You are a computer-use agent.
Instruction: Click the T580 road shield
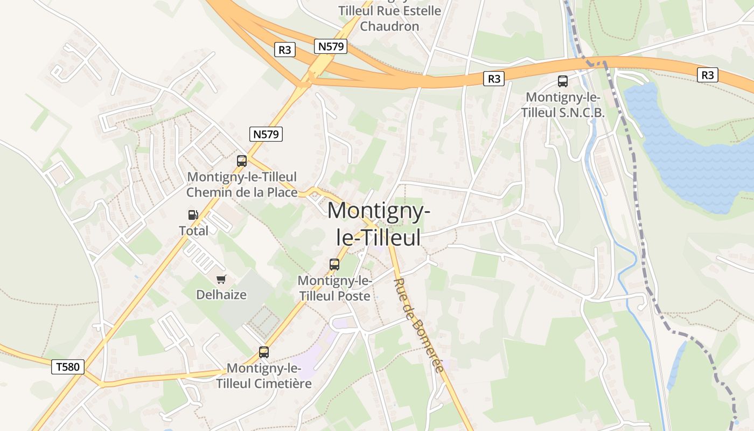68,367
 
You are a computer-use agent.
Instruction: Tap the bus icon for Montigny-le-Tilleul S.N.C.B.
563,81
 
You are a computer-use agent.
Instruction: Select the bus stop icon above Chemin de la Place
242,161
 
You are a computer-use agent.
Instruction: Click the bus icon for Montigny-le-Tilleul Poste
334,264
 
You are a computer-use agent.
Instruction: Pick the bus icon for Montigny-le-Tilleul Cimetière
264,352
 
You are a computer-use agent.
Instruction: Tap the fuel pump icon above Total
193,214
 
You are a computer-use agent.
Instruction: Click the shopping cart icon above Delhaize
221,279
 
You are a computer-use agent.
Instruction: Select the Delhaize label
221,295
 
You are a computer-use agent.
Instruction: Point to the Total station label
193,231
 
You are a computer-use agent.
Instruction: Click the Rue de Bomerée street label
419,325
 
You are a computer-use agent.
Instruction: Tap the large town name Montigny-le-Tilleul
379,223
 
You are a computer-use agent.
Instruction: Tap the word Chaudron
389,26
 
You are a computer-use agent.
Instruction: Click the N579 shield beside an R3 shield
331,46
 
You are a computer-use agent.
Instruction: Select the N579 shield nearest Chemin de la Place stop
266,134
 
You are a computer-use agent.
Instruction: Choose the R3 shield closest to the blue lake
708,75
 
